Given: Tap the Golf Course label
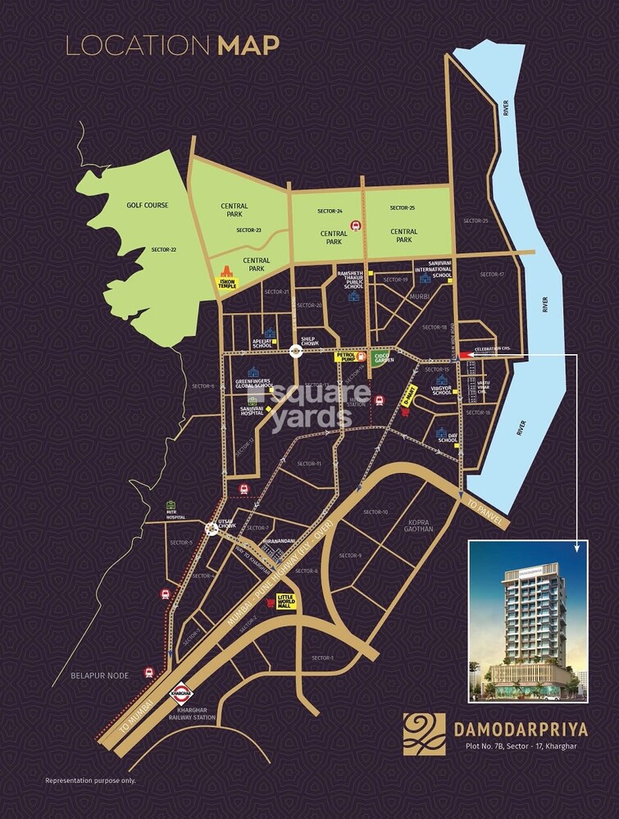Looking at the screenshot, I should click(x=147, y=205).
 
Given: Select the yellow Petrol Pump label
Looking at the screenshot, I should click(x=344, y=357).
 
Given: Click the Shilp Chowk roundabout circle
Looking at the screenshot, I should click(x=296, y=352).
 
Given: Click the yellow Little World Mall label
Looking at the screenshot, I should click(x=284, y=601).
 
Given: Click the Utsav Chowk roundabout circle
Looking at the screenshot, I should click(x=212, y=529).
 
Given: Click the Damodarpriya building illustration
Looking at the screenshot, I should click(x=528, y=623).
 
